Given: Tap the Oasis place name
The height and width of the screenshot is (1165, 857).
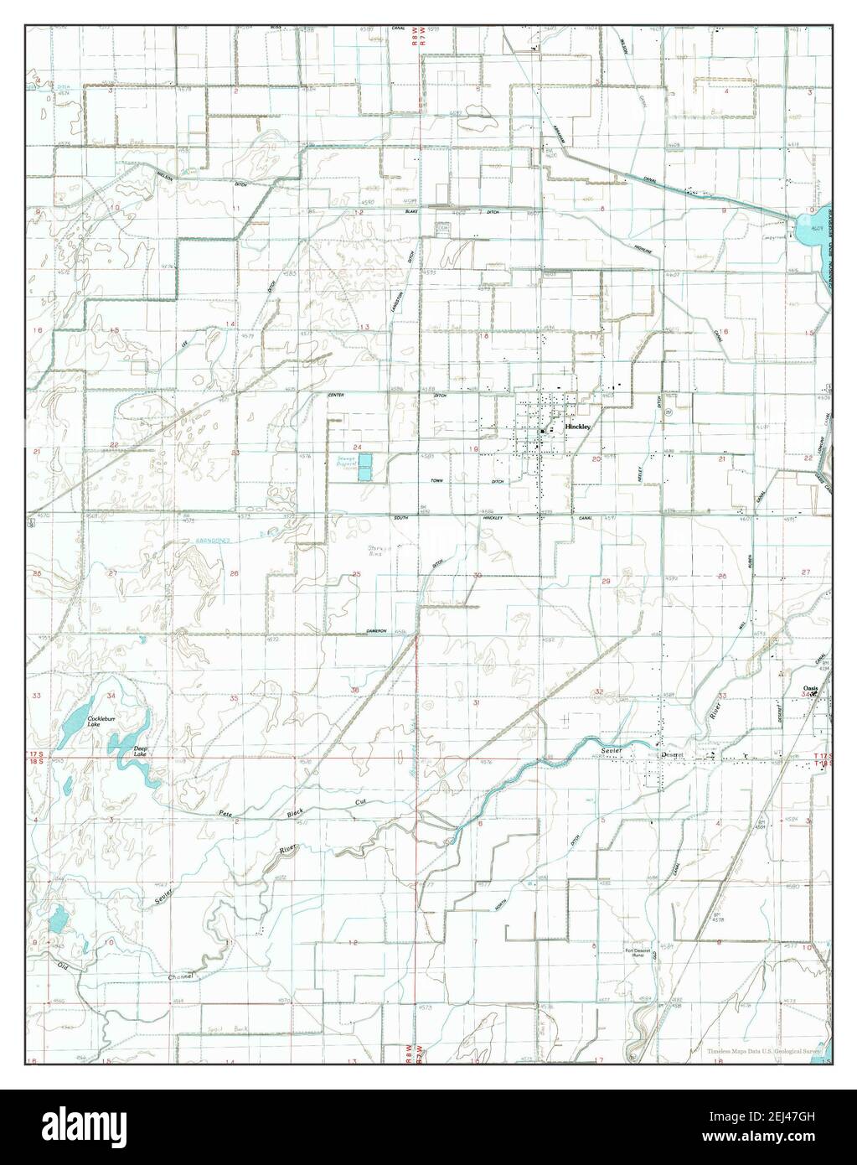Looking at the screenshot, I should (x=810, y=689).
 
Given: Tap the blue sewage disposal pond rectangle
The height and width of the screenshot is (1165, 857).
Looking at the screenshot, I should (x=366, y=468).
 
